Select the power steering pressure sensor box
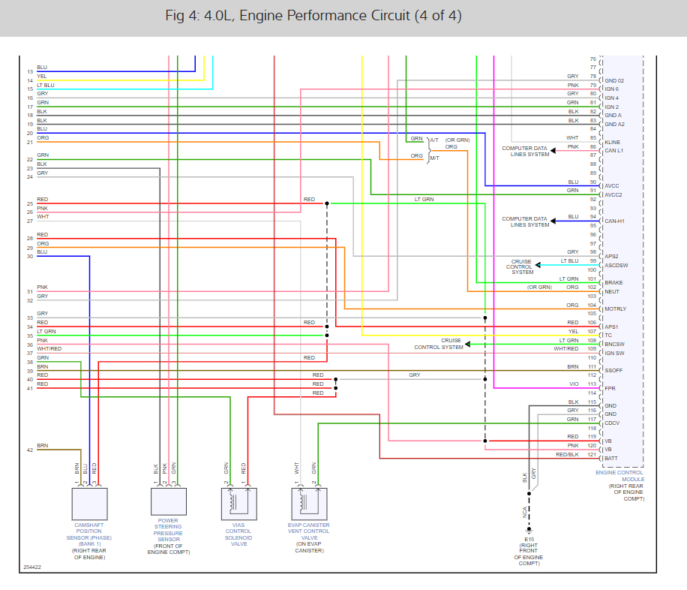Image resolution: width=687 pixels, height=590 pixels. [168, 501]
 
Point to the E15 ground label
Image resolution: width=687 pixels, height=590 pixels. [529, 539]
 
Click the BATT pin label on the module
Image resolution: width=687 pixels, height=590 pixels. [611, 458]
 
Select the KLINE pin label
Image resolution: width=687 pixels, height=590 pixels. [613, 142]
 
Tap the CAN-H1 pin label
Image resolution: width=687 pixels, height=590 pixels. [614, 221]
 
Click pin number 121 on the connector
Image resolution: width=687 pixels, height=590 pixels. [592, 455]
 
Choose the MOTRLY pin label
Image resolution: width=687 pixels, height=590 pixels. [615, 309]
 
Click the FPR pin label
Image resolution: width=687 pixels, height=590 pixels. [610, 388]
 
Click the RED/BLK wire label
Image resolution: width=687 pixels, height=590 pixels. [567, 455]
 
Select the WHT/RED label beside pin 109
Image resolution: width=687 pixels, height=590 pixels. [566, 348]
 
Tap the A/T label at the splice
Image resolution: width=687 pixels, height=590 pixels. [434, 140]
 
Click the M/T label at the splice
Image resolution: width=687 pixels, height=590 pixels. [434, 158]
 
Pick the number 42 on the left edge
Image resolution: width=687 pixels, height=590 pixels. [29, 450]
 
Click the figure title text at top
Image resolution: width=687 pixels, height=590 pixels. [313, 16]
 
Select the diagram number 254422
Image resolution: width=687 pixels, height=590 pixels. [31, 567]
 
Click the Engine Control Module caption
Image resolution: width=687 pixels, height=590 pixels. [619, 476]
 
